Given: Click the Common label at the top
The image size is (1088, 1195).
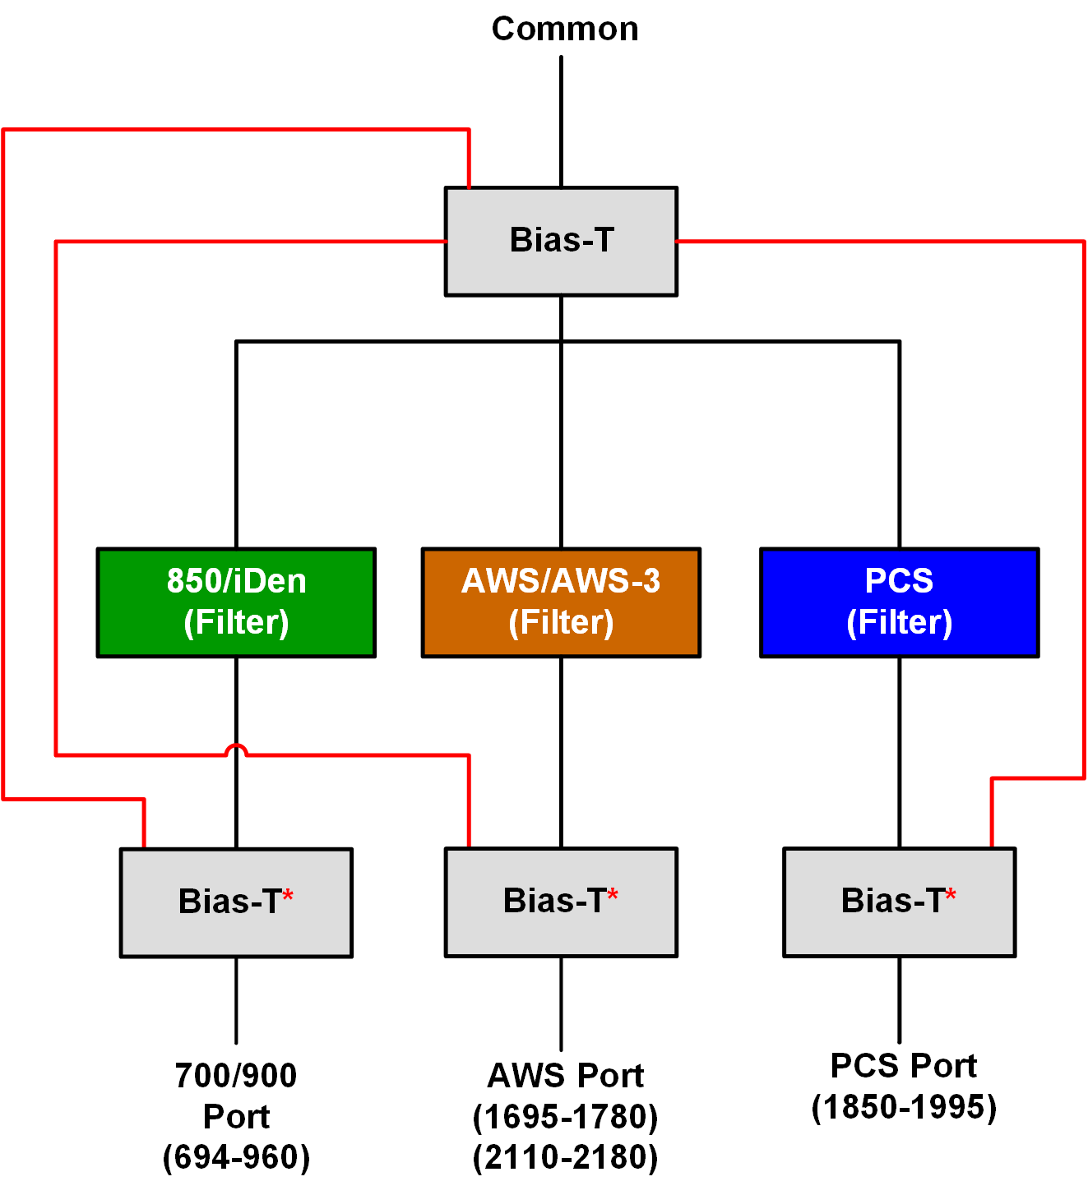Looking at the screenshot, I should [564, 29].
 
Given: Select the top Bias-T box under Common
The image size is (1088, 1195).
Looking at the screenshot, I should [561, 241].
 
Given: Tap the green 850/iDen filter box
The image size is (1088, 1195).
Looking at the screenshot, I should [236, 602].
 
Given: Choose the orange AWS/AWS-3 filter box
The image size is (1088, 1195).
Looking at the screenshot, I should [561, 602].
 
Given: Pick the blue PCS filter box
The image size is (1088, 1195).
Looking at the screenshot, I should [899, 602].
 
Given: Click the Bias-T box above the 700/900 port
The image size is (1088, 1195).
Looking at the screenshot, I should [236, 902].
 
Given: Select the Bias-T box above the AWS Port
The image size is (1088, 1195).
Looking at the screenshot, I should [561, 902].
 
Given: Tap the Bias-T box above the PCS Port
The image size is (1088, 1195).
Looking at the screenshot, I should [899, 902].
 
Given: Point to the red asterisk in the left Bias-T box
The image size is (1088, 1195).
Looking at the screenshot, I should [288, 895].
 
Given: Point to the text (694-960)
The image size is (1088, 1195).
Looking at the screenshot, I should [236, 1157].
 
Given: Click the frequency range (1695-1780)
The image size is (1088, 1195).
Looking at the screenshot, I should [565, 1117].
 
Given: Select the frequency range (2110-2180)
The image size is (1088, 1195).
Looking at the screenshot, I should [565, 1157].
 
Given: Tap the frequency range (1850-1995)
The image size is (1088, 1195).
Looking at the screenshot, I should [904, 1107].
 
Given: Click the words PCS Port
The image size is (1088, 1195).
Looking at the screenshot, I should [904, 1066].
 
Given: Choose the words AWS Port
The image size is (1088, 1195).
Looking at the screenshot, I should [565, 1076].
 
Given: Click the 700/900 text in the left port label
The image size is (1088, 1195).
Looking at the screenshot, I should [236, 1076].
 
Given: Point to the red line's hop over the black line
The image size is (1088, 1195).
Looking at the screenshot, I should [236, 748].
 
